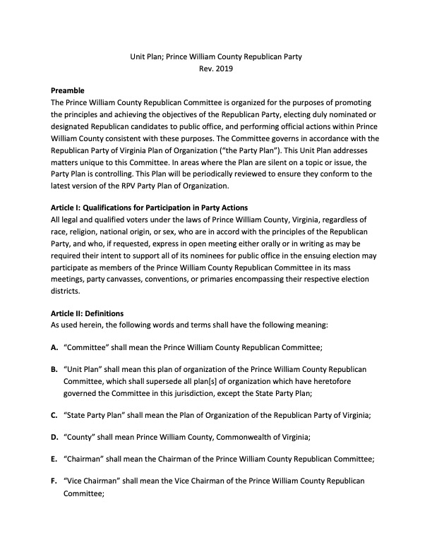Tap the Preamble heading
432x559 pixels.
coord(68,91)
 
